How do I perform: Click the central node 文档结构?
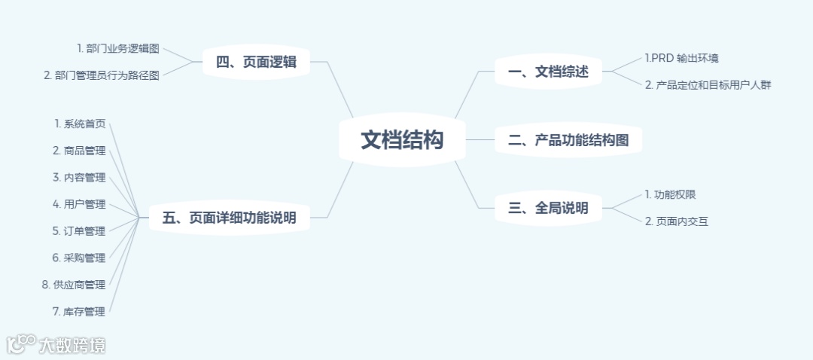402,140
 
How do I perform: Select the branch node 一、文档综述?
547,72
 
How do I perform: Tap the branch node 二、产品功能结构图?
568,140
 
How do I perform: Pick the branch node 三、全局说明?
547,208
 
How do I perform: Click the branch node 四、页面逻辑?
256,63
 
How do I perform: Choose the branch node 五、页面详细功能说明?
229,218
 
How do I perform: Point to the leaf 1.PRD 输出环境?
676,58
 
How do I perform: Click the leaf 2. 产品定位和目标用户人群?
708,85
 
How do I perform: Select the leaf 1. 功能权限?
670,194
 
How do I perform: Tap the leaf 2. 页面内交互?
677,221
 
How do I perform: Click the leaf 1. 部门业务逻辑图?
118,48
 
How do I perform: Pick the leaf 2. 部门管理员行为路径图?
102,75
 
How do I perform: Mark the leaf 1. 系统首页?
80,124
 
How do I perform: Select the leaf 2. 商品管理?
79,151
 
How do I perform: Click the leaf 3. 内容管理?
79,178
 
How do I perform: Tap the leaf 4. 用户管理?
79,204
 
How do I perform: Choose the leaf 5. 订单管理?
79,231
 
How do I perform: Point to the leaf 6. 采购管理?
79,258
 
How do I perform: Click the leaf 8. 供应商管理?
74,285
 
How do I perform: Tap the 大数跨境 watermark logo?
56,345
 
